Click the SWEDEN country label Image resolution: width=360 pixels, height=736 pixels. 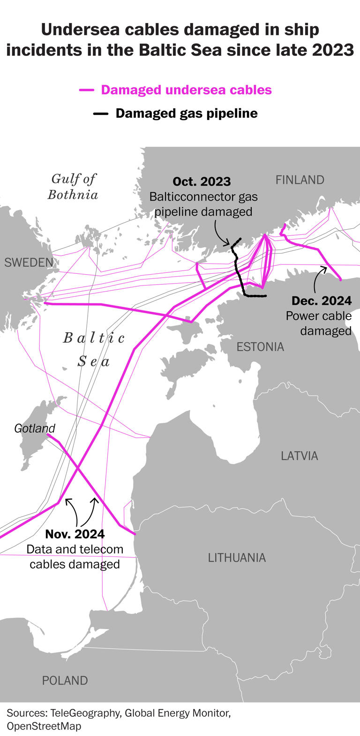(29, 263)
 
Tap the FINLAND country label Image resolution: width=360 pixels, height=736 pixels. (300, 180)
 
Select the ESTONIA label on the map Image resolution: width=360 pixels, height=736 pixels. (260, 347)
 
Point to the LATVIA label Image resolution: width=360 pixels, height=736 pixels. (299, 456)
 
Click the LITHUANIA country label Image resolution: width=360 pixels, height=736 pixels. (237, 557)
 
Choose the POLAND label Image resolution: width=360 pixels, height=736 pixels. (65, 681)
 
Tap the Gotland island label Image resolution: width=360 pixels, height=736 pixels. (34, 428)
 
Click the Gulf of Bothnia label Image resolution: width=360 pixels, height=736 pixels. (73, 187)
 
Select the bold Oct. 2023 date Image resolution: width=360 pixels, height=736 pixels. (202, 182)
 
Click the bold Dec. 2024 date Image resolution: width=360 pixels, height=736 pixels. (322, 301)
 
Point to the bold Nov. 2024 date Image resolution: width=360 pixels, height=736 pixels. (75, 534)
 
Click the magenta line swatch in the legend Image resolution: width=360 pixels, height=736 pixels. (87, 90)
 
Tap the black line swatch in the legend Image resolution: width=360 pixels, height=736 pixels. (101, 114)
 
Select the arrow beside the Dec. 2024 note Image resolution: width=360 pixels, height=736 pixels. (317, 279)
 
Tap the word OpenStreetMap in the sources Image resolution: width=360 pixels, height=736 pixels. (44, 726)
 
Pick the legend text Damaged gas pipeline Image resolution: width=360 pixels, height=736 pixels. (187, 113)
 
